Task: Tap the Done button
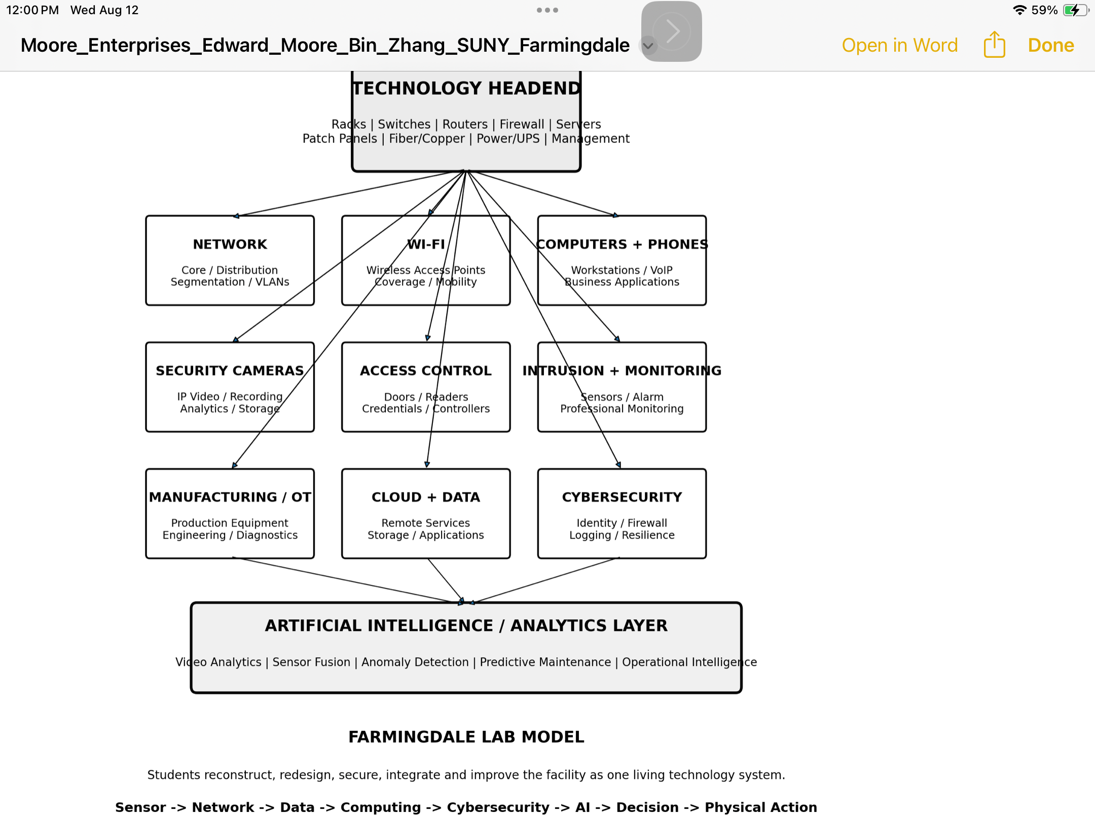[1051, 45]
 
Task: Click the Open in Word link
[900, 45]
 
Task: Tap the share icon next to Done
[994, 45]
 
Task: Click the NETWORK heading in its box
[230, 244]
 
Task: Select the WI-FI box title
[426, 244]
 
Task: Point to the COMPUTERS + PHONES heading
[622, 244]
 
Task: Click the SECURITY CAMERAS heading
[230, 370]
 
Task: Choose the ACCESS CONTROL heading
[426, 370]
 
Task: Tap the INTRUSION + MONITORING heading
[622, 370]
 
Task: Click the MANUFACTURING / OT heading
[230, 497]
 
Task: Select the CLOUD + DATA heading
[426, 497]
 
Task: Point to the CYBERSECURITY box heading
[622, 497]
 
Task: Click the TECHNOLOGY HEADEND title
[466, 88]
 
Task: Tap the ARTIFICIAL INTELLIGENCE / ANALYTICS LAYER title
[466, 626]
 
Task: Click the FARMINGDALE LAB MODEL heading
[466, 737]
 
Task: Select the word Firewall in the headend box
[522, 124]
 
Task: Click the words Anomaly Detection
[415, 662]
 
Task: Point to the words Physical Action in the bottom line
[761, 807]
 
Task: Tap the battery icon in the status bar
[1075, 10]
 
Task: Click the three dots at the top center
[547, 10]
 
